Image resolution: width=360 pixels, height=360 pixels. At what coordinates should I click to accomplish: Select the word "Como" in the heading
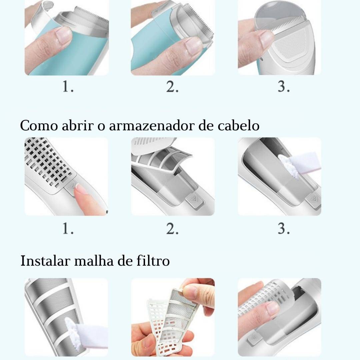39,126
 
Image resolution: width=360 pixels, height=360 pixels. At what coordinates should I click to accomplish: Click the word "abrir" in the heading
78,125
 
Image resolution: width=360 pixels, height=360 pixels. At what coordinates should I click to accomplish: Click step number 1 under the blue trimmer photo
68,87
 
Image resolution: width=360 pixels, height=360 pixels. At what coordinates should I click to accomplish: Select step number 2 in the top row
172,87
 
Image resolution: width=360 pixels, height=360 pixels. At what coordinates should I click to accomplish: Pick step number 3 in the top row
284,87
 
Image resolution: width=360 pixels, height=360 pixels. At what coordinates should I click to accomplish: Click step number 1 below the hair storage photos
68,229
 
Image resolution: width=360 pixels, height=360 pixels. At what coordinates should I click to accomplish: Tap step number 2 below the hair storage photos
172,229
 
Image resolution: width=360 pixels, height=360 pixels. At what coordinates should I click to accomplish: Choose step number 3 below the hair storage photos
284,229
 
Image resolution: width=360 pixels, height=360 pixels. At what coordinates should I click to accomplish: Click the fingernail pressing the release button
79,189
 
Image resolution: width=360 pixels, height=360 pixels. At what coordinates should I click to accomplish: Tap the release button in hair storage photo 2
194,201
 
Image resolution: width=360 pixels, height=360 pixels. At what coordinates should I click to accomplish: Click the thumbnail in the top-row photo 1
63,37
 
